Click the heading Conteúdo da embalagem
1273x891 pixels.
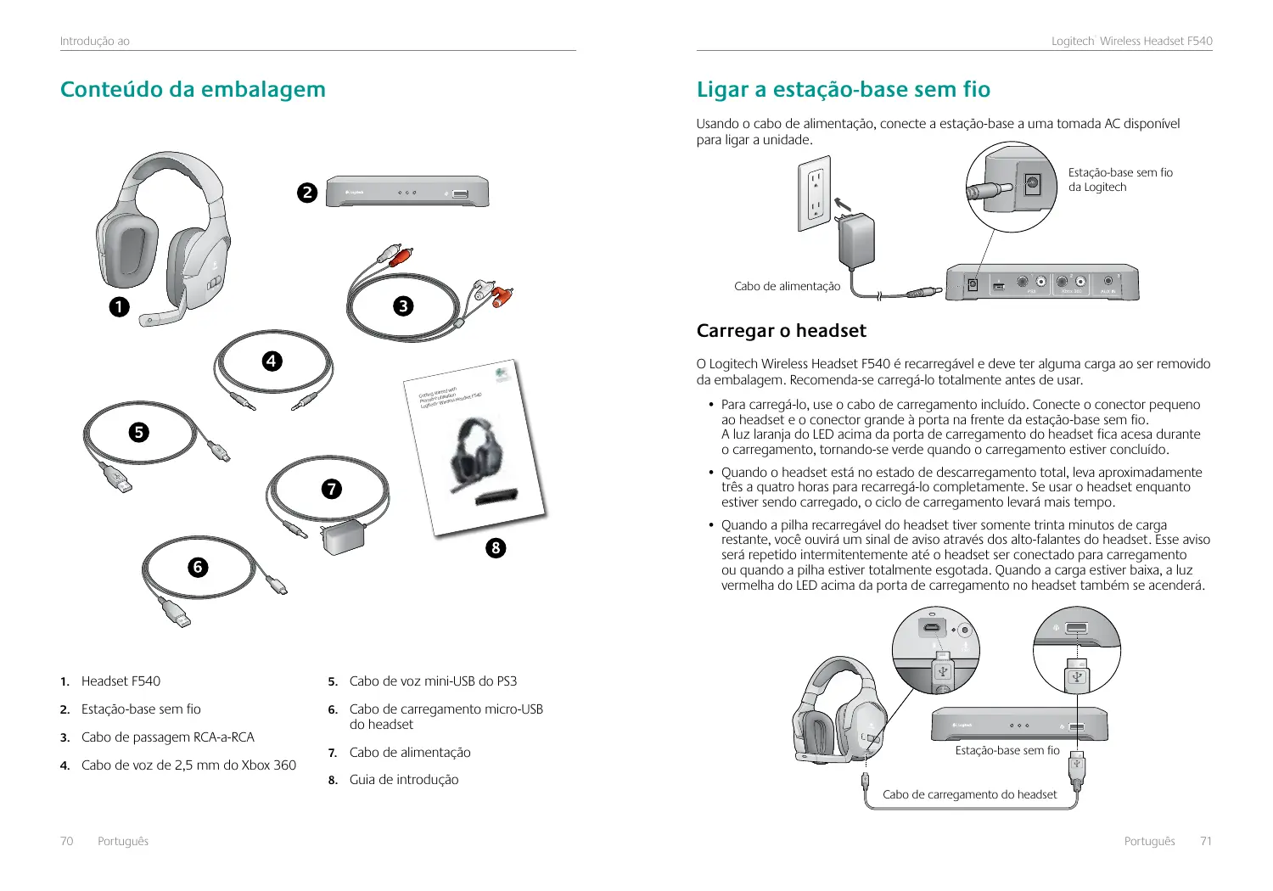tap(193, 89)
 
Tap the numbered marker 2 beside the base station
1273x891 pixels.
tap(307, 193)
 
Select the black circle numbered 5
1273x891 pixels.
tap(138, 433)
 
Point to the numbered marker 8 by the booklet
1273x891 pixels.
tap(496, 548)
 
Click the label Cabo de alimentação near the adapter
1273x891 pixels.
tap(787, 287)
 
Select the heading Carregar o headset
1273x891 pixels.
tap(781, 331)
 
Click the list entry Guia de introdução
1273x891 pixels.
tap(403, 780)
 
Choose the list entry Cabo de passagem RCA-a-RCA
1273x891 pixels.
tap(167, 737)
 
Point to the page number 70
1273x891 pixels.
tap(66, 841)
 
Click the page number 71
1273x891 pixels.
tap(1206, 841)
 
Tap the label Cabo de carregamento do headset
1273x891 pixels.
tap(969, 795)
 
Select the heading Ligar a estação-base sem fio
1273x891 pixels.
tap(843, 89)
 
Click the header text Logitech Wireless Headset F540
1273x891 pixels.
tap(1131, 41)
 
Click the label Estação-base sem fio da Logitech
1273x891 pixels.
tap(1119, 180)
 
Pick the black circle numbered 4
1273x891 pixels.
tap(271, 361)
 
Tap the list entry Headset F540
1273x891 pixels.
tap(121, 681)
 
